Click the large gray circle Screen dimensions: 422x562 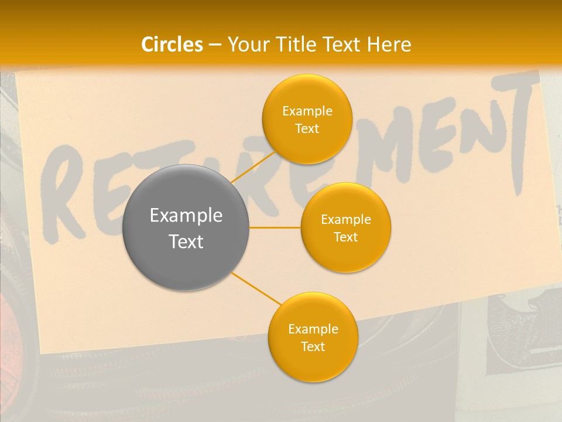coord(186,227)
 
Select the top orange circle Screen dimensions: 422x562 coord(307,119)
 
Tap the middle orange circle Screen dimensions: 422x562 coord(345,227)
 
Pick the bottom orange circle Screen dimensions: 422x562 coord(313,337)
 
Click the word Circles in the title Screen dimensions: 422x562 coord(172,45)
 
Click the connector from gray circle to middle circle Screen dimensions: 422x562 coord(275,227)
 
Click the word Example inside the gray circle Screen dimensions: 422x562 coord(186,216)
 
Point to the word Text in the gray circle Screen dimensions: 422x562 coord(186,241)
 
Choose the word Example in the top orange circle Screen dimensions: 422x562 coord(307,111)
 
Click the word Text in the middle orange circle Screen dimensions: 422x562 coord(345,237)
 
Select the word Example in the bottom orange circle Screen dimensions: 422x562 coord(313,329)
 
